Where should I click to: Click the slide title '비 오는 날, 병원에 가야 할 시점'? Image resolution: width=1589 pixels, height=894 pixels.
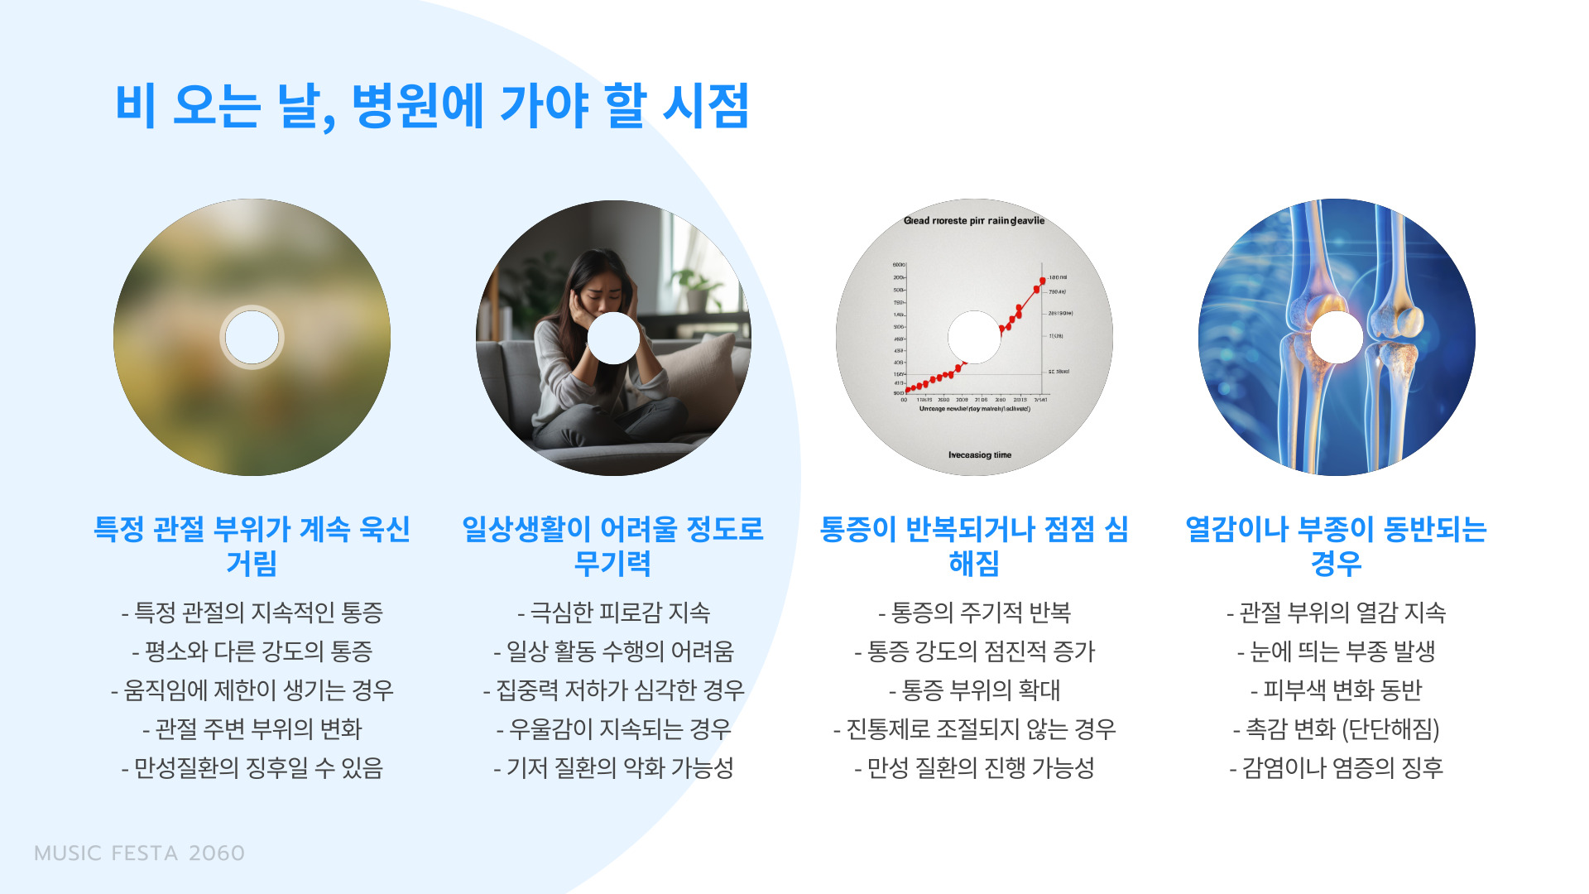point(432,106)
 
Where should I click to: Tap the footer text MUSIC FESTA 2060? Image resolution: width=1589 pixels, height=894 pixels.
point(139,853)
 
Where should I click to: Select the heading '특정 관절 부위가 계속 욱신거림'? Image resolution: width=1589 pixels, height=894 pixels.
point(252,546)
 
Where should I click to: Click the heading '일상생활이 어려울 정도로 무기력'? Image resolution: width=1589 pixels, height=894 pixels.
point(612,546)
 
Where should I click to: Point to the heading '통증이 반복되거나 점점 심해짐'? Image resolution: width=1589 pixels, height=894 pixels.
point(974,546)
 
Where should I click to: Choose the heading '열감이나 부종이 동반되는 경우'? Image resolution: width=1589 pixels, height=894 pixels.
point(1336,546)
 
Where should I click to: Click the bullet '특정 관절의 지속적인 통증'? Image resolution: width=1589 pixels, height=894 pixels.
point(252,613)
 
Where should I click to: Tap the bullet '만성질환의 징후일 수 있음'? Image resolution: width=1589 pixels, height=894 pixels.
point(252,768)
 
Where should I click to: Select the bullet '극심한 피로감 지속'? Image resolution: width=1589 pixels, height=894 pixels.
point(613,613)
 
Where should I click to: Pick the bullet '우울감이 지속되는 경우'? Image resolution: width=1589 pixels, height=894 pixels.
point(613,729)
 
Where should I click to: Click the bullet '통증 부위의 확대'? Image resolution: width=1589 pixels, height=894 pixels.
point(974,690)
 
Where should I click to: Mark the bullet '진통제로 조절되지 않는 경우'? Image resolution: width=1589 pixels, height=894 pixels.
point(974,729)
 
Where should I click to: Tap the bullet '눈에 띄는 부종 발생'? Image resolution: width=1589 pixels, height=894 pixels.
point(1336,651)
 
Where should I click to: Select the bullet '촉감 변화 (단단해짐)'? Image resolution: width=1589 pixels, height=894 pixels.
point(1336,729)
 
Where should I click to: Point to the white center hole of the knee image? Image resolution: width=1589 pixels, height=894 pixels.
point(1337,337)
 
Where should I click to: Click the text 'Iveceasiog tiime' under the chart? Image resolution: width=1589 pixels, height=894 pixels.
point(980,455)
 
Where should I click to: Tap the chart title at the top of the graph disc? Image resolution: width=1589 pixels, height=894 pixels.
point(974,221)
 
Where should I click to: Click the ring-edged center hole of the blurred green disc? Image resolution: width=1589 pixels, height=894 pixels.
point(252,337)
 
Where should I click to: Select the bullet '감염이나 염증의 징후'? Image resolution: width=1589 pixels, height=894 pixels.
point(1336,768)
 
